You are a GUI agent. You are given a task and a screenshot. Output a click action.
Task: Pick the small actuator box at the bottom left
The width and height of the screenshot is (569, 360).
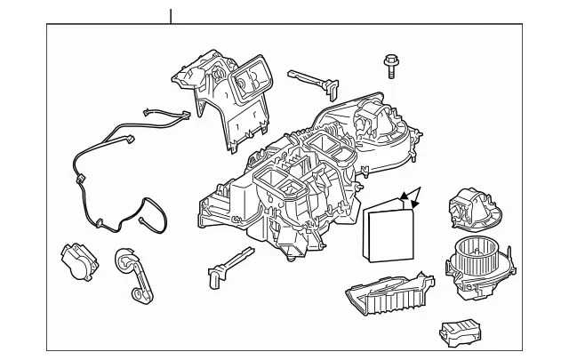[78, 260]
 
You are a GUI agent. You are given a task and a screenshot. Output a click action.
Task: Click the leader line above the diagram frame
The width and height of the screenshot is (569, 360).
[170, 14]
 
